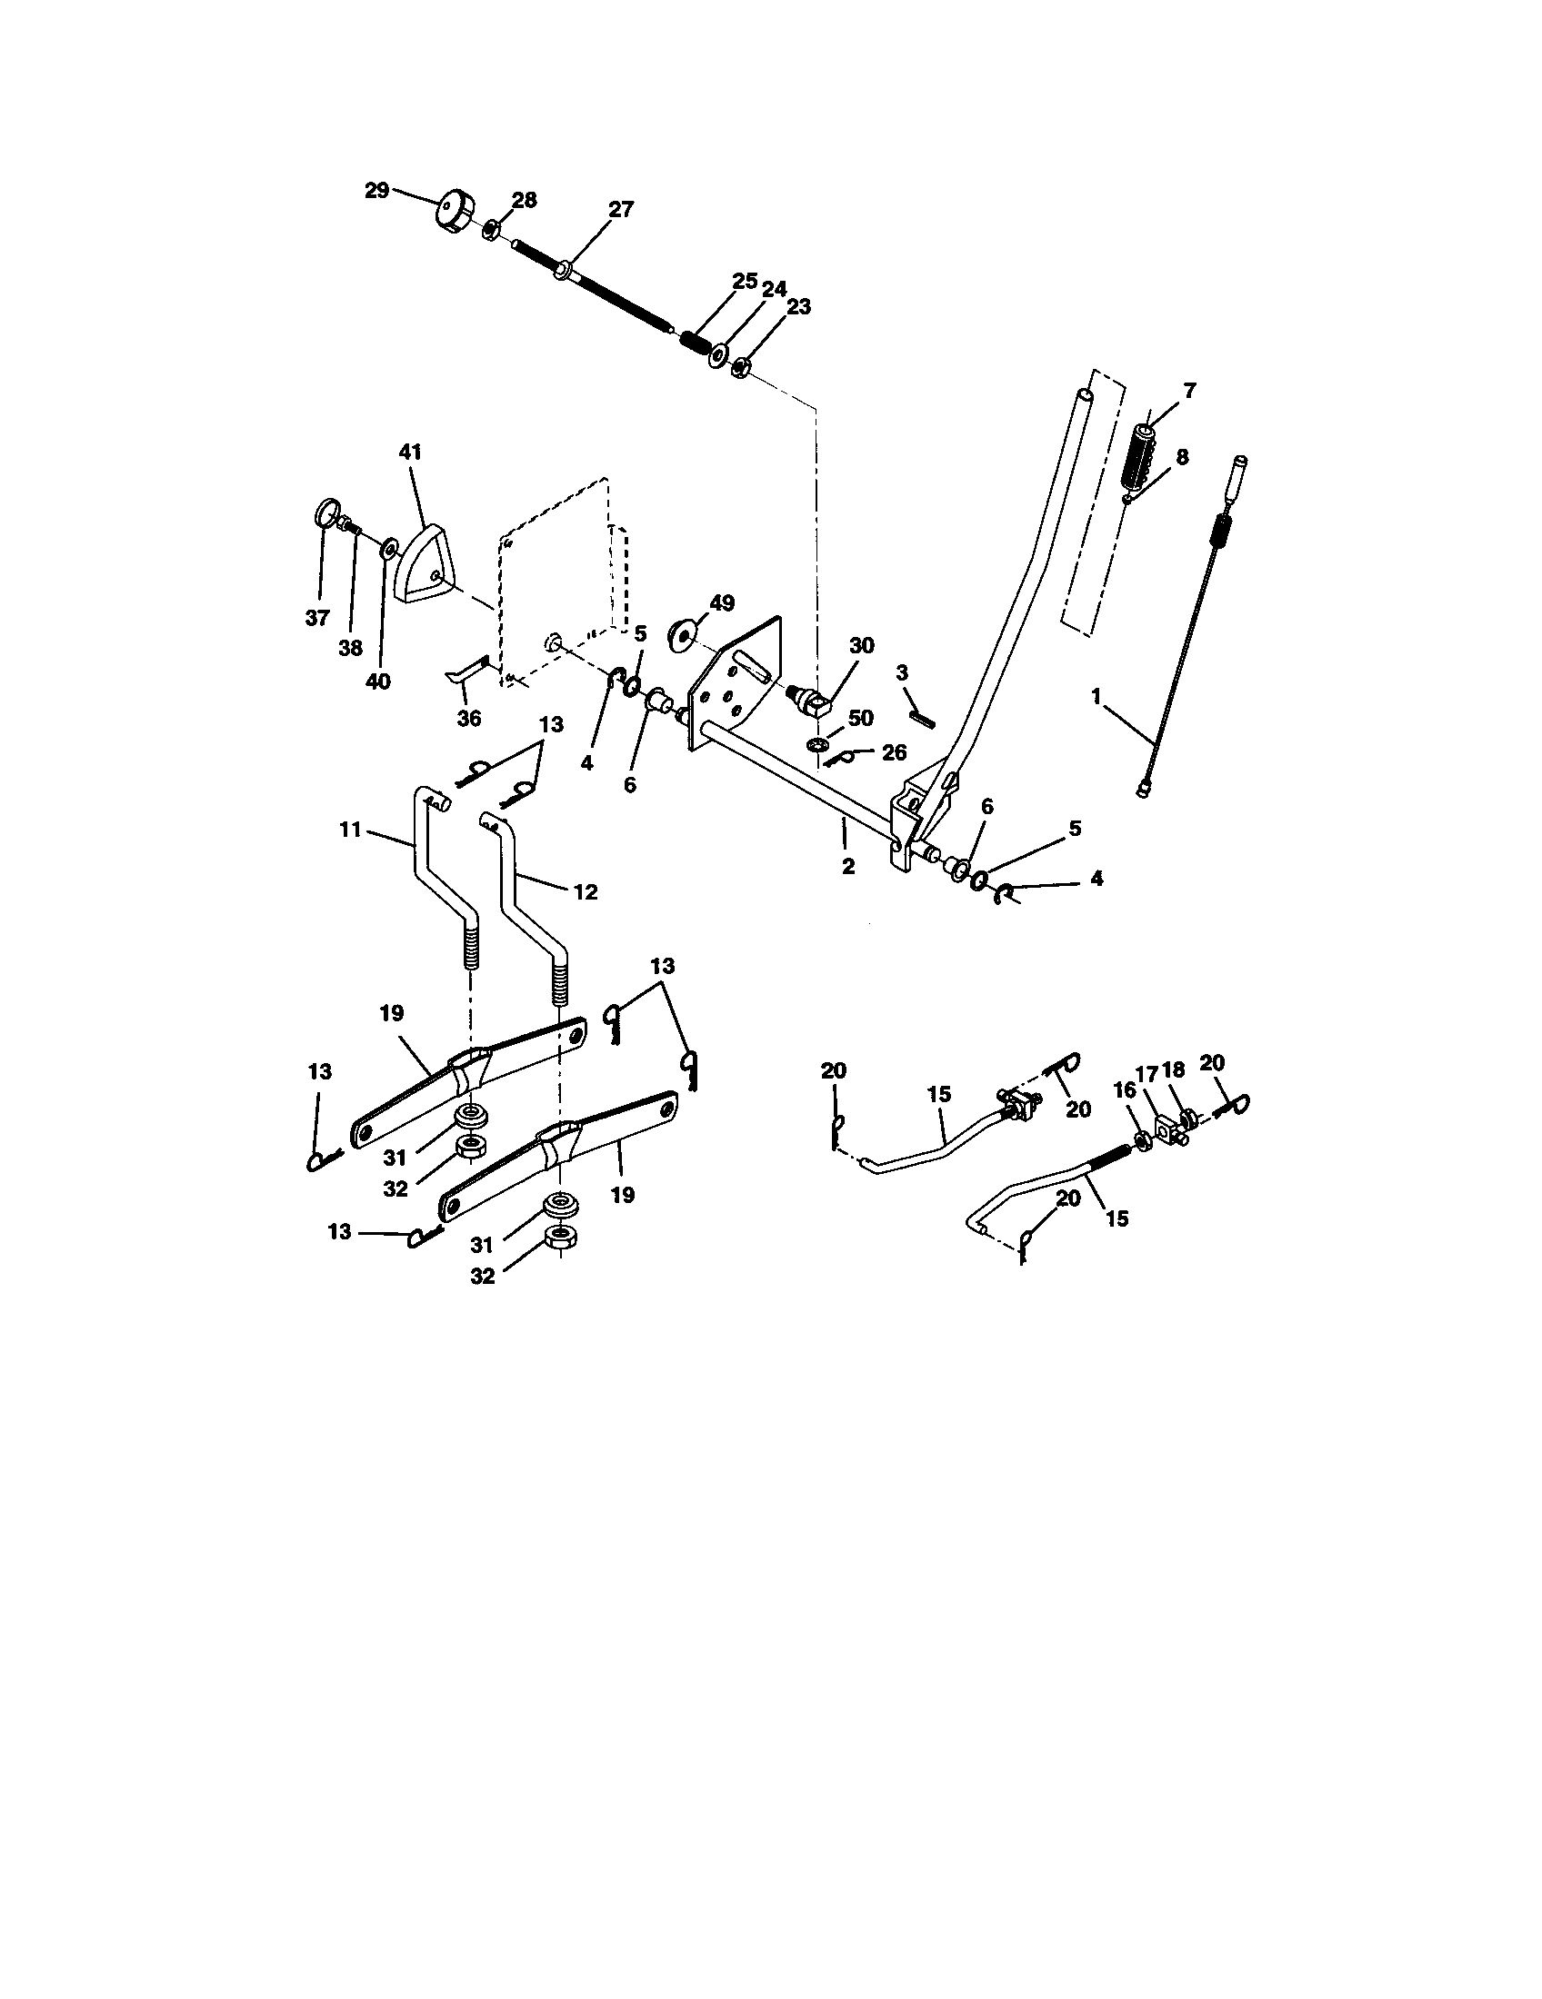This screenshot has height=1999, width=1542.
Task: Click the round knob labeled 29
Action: [x=452, y=212]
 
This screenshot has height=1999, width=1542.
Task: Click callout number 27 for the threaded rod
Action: [x=621, y=210]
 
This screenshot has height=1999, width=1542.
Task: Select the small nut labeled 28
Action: [x=491, y=229]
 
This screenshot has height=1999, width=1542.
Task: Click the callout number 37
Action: [x=316, y=618]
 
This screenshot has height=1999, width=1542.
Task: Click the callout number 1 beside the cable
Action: [x=1096, y=697]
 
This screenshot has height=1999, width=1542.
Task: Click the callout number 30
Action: [x=861, y=646]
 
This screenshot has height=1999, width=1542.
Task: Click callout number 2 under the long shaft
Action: [x=848, y=866]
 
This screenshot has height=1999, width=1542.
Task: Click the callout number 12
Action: [x=585, y=891]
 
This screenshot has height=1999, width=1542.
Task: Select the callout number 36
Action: [x=468, y=719]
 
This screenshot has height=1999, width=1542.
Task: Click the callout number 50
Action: [x=860, y=718]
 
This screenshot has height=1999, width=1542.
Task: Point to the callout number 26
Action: [x=894, y=752]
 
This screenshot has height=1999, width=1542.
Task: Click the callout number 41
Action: [x=410, y=453]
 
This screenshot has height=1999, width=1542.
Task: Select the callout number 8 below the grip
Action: [x=1182, y=457]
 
